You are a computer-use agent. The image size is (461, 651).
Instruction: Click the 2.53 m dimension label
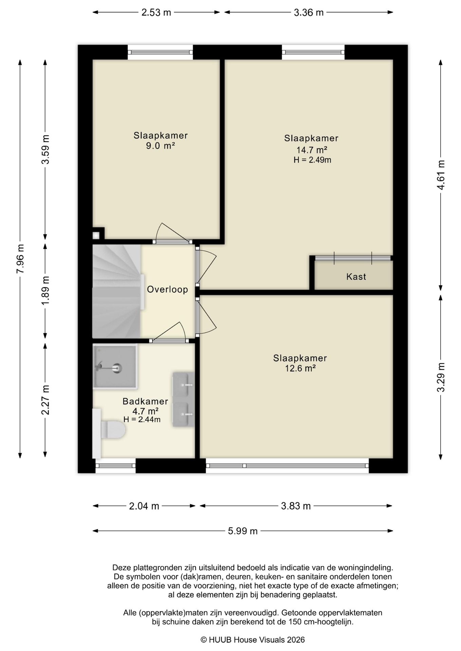tap(156, 13)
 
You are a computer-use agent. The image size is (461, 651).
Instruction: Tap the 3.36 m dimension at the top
tap(309, 13)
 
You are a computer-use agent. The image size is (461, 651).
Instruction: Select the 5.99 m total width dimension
tap(243, 531)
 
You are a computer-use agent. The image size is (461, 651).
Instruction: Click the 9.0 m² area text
tap(160, 146)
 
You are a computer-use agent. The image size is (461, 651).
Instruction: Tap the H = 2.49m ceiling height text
tap(312, 160)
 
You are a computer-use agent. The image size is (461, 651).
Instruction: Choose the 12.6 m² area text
tap(300, 369)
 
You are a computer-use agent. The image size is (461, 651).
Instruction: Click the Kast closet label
tap(356, 277)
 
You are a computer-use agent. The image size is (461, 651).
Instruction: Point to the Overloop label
tap(167, 290)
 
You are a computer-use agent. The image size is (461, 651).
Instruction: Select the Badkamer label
tap(145, 401)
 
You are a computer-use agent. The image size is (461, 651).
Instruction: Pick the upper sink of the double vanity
tap(183, 384)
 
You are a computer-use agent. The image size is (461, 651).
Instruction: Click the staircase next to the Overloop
tap(116, 292)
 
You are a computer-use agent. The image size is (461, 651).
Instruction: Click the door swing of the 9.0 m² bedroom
tap(171, 232)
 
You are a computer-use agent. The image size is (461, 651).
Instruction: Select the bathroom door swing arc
tap(170, 331)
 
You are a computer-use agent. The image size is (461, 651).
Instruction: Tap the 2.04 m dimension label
tap(144, 506)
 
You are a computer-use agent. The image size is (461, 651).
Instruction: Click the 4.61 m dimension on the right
tap(441, 175)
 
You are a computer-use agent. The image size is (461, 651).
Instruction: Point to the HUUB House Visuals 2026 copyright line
tap(253, 640)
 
